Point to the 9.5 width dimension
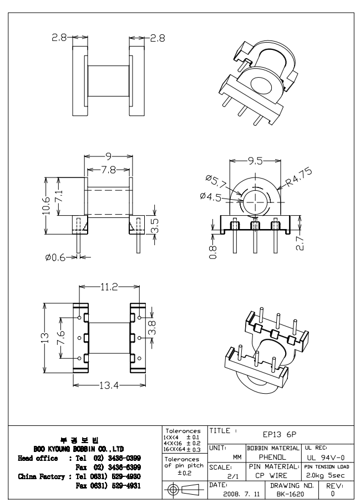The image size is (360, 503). click(x=255, y=162)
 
